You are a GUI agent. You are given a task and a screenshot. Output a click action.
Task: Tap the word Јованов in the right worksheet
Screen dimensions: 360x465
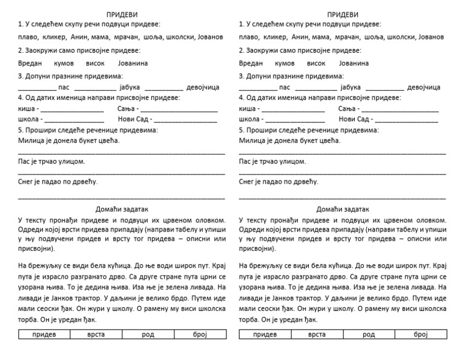[x=430, y=37]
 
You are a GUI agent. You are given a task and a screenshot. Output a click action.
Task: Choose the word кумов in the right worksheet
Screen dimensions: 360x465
[x=285, y=63]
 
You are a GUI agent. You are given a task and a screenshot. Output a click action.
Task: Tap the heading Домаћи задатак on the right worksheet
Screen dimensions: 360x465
[x=343, y=209]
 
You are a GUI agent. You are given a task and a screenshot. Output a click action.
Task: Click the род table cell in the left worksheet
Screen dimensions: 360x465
[x=148, y=334]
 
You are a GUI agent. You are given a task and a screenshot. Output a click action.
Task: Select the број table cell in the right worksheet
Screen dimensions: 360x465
[x=420, y=334]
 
